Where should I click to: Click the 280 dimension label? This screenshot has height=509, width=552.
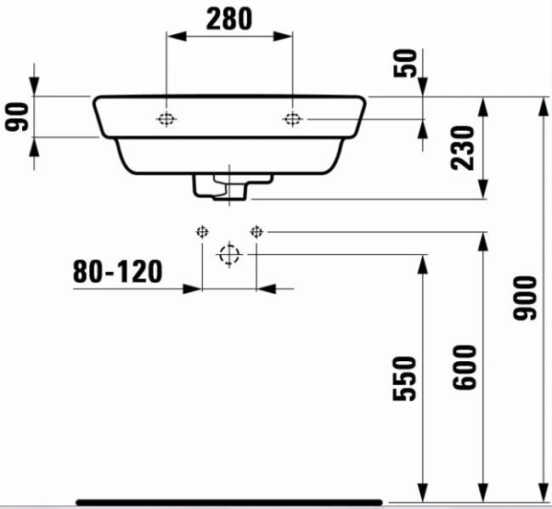[x=229, y=19]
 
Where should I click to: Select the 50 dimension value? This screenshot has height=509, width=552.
[x=405, y=63]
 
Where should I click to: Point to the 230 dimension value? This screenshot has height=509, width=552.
[x=463, y=148]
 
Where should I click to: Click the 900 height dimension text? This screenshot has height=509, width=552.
[x=525, y=298]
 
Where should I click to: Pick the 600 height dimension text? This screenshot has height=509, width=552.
[x=465, y=367]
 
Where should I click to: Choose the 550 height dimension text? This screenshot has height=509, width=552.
[x=404, y=378]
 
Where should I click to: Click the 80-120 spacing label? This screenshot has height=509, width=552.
[x=117, y=272]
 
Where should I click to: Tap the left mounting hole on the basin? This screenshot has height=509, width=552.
[x=166, y=119]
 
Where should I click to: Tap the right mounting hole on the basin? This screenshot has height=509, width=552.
[x=292, y=119]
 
